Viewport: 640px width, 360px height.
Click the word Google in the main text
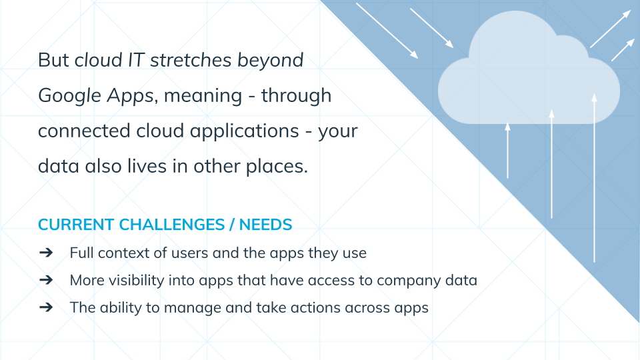coord(69,96)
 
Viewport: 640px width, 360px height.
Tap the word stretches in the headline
coord(191,60)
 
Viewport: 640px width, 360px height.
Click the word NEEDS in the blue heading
coord(266,225)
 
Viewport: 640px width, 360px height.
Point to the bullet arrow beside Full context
coord(46,253)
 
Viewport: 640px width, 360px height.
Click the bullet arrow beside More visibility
coord(46,280)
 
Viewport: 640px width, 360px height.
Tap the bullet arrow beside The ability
coord(46,307)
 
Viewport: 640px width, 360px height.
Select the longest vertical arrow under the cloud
coord(594,178)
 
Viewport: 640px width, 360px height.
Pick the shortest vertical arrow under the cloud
coord(508,150)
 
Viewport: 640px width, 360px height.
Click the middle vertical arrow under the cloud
coord(551,164)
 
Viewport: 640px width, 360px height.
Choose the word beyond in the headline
coord(270,61)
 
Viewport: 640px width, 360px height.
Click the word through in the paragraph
coord(296,96)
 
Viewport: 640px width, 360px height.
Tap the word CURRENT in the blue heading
coord(76,225)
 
